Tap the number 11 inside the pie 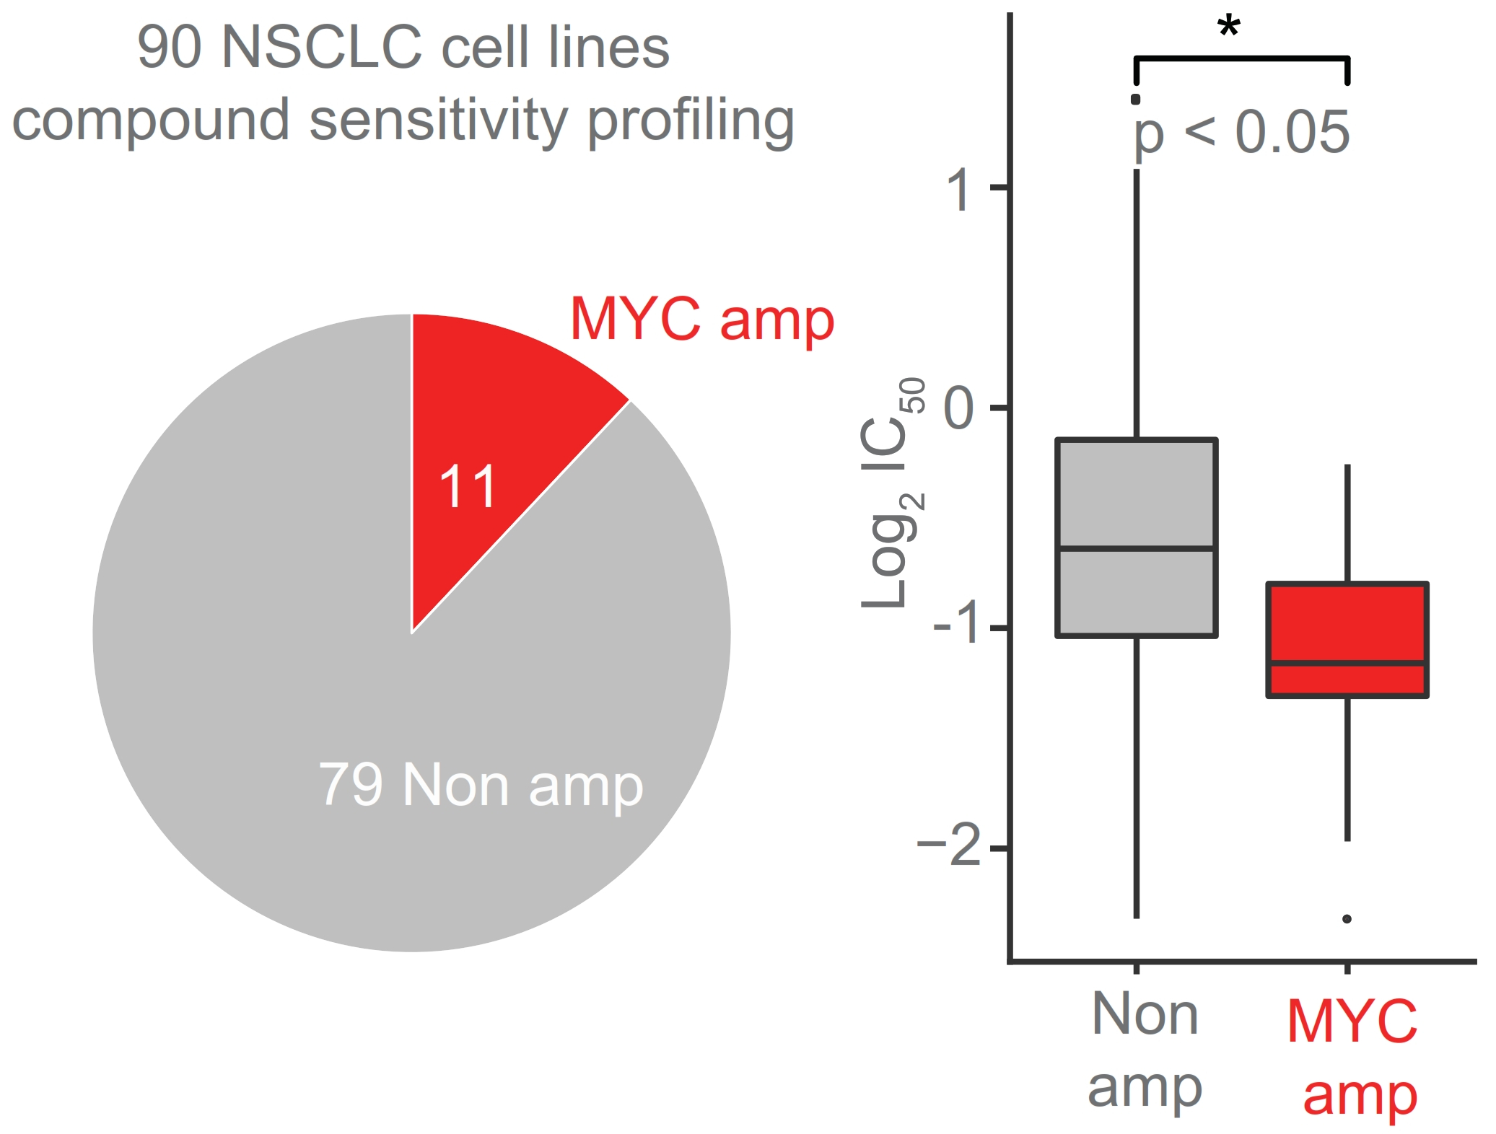pyautogui.click(x=468, y=487)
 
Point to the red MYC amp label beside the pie pyautogui.click(x=701, y=319)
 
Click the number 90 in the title pyautogui.click(x=169, y=48)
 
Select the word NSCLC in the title pyautogui.click(x=321, y=48)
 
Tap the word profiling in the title pyautogui.click(x=691, y=121)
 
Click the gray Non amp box pyautogui.click(x=1136, y=498)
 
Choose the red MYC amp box pyautogui.click(x=1347, y=620)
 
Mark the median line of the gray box pyautogui.click(x=1136, y=549)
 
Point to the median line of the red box pyautogui.click(x=1347, y=662)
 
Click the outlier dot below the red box pyautogui.click(x=1347, y=919)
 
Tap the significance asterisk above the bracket pyautogui.click(x=1229, y=27)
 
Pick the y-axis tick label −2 pyautogui.click(x=949, y=845)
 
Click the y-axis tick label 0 pyautogui.click(x=959, y=409)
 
